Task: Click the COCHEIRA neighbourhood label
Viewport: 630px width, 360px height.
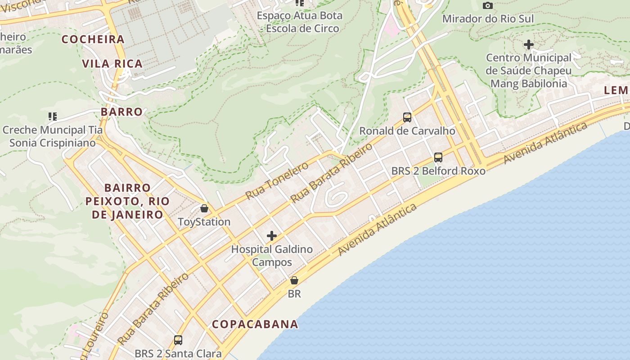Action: coord(93,40)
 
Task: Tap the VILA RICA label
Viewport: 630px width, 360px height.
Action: coord(112,63)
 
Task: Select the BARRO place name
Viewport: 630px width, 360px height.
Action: coord(121,112)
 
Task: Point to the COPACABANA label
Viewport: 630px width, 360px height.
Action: coord(255,324)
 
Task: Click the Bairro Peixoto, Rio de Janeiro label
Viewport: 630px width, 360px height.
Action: coord(127,201)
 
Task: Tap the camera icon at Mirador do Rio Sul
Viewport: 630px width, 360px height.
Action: coord(487,6)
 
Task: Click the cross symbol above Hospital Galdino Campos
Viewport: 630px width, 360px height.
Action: coord(272,235)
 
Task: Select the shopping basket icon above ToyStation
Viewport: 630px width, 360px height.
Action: coord(204,208)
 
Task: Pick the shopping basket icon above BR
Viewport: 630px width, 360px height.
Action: coord(294,280)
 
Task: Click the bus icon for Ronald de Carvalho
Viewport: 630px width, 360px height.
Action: coord(407,117)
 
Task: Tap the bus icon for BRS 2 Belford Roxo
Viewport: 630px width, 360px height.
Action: coord(438,157)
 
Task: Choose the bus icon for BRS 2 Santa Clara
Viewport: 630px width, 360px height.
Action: coord(178,340)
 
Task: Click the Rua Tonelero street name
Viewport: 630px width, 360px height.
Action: coord(277,180)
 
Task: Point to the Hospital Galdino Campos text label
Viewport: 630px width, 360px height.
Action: coord(272,256)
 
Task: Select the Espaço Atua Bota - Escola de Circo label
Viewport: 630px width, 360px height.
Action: coord(300,22)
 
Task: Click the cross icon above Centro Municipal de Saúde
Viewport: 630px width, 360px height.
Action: coord(529,45)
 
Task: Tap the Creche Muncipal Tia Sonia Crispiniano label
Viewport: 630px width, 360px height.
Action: coord(53,136)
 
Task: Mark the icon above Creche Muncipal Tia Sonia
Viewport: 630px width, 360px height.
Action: coord(53,117)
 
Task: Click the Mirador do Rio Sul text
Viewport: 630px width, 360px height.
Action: coord(488,19)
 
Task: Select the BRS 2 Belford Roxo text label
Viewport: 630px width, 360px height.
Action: coord(438,171)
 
